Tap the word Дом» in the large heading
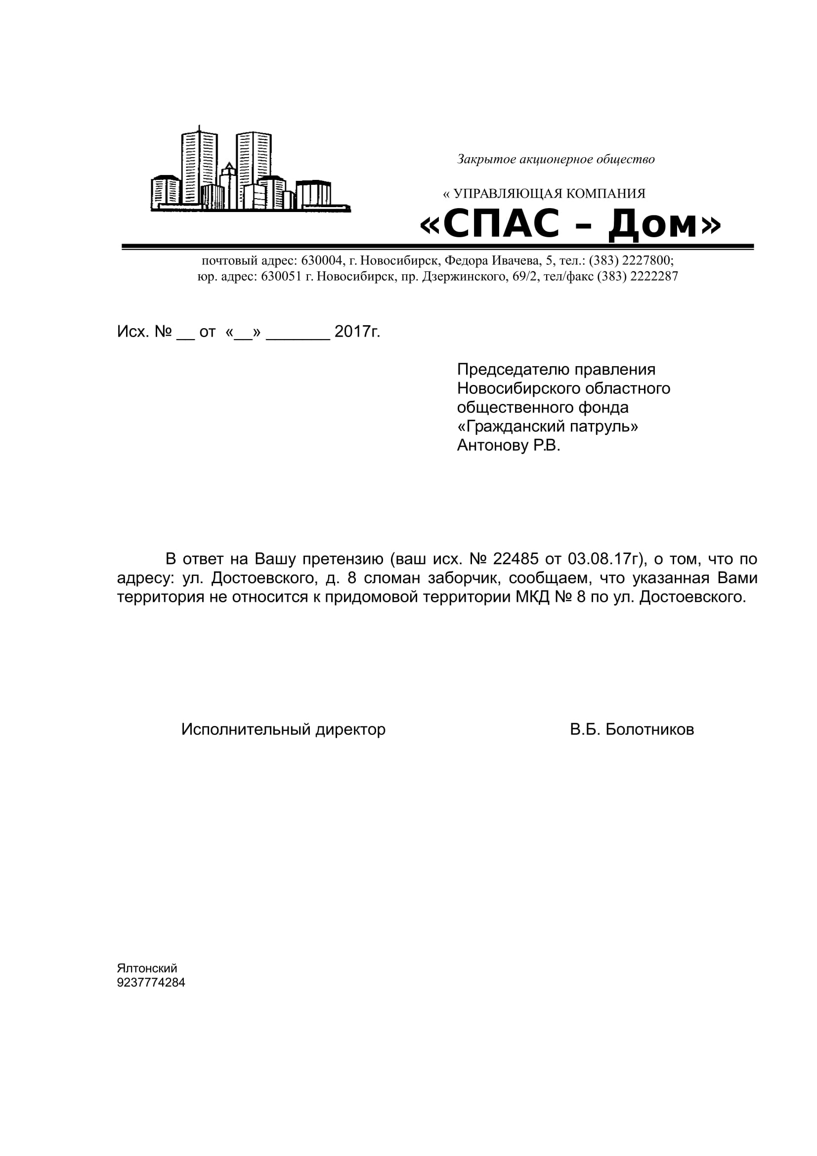coord(664,224)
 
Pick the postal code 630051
coord(281,276)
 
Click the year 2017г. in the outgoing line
coord(357,331)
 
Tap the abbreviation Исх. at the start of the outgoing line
coord(133,331)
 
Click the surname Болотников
coord(649,729)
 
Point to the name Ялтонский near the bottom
coord(147,968)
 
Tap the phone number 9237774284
coord(151,983)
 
